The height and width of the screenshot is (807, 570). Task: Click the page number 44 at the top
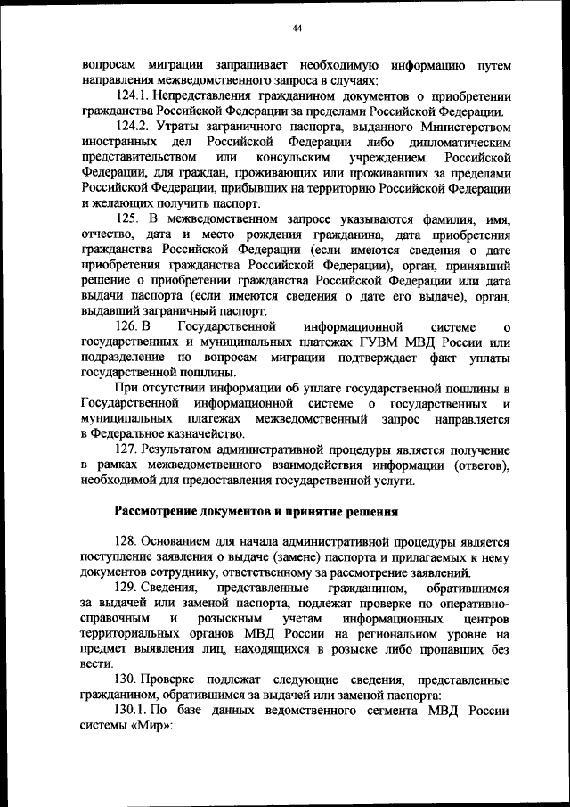[x=297, y=29]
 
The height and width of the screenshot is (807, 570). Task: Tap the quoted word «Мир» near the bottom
[x=151, y=726]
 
